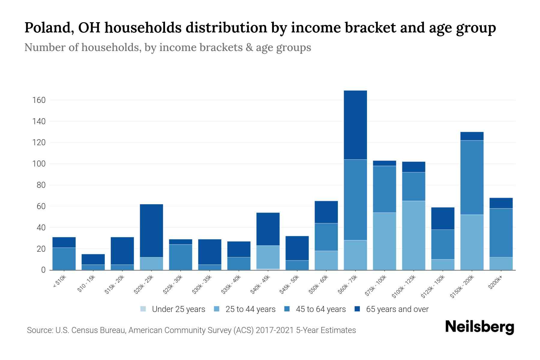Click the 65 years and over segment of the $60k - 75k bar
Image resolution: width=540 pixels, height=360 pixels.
point(355,125)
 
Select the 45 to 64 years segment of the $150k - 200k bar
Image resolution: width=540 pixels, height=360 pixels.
point(472,177)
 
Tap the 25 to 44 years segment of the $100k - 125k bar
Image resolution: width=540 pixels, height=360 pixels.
point(414,235)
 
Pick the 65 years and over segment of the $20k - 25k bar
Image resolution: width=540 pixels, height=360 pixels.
point(151,230)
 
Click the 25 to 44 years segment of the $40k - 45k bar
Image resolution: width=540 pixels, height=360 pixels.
point(268,257)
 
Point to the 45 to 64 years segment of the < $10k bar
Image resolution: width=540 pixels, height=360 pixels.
point(64,259)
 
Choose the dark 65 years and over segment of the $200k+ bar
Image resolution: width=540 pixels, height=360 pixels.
point(501,203)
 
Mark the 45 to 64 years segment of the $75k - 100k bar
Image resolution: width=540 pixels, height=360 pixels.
point(385,189)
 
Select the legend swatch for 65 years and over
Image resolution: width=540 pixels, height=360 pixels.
point(357,309)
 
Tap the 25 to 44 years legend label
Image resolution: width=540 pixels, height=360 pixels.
point(250,309)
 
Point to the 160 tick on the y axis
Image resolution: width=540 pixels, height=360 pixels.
point(39,100)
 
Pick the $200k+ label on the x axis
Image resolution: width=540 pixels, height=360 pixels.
point(495,283)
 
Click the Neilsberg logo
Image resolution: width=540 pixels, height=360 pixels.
point(479,327)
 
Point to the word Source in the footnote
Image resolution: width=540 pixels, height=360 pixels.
point(39,330)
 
